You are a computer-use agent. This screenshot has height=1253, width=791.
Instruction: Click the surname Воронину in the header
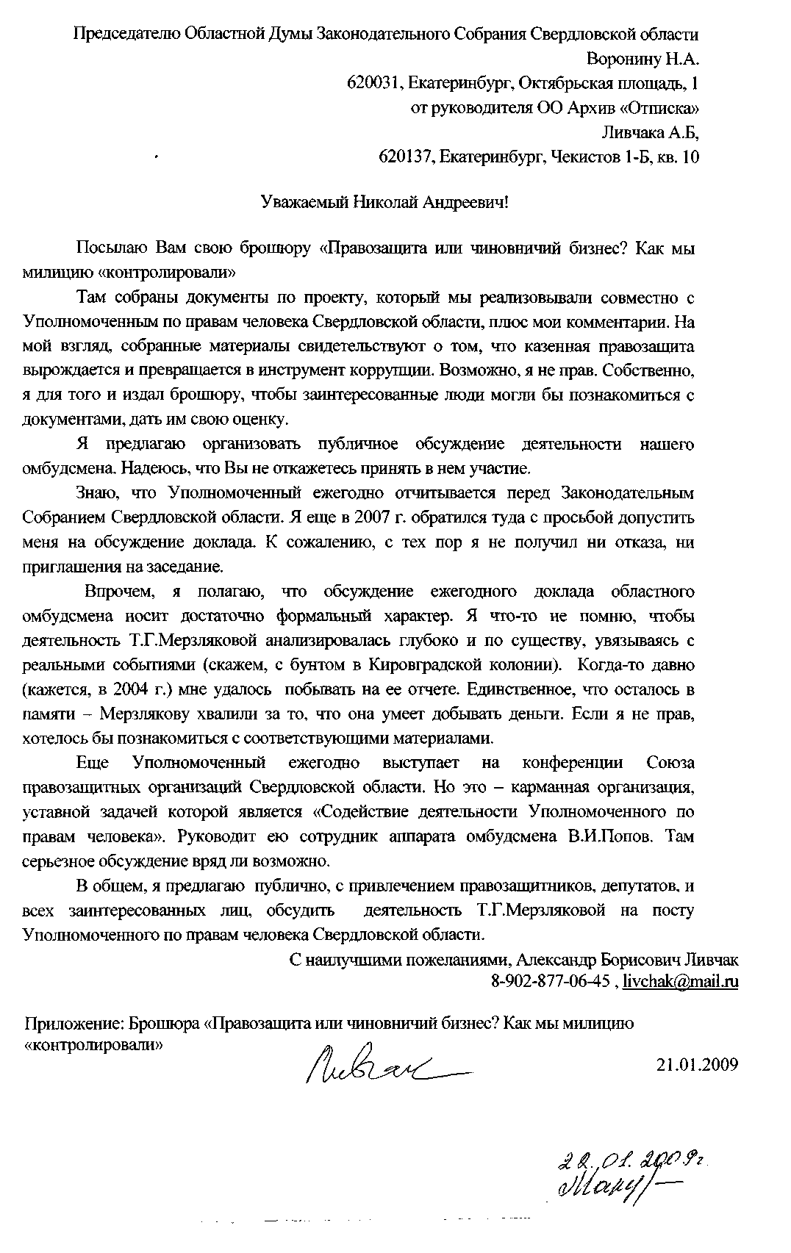(626, 58)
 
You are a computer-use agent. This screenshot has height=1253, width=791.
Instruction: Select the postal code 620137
(404, 157)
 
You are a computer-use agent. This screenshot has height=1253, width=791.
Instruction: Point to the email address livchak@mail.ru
(680, 981)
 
